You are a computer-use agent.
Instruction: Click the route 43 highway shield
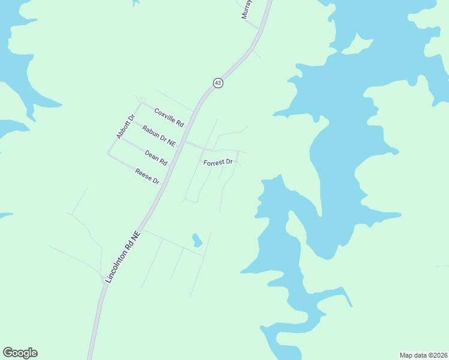coord(218,83)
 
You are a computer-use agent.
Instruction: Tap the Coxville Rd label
coord(169,116)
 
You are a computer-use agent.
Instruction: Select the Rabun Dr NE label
coord(159,136)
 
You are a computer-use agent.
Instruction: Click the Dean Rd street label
coord(155,158)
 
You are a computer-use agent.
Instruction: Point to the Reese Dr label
coord(147,176)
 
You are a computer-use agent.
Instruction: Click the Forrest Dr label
coord(217,163)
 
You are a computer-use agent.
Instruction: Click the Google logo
coord(20,353)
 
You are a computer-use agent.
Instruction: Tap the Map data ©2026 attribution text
coord(423,355)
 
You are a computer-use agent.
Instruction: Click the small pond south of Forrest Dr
coord(196,240)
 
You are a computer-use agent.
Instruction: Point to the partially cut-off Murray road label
coord(246,10)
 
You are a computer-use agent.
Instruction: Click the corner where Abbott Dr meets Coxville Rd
coord(140,103)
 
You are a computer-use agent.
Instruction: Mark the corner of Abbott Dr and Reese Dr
coord(109,154)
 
